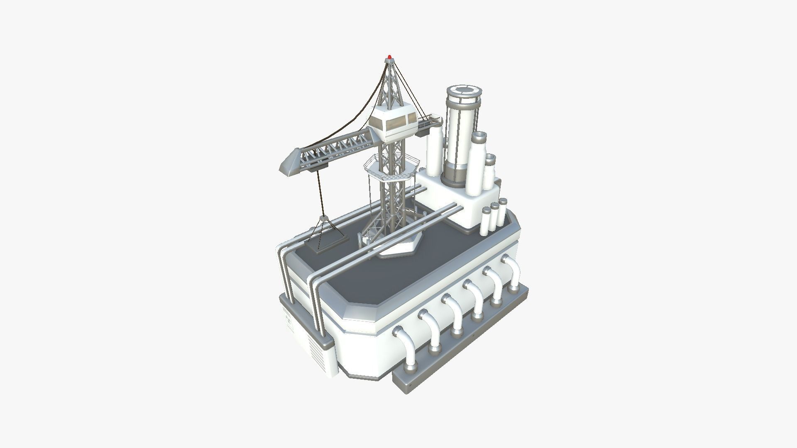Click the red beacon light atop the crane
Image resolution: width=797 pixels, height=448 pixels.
389,56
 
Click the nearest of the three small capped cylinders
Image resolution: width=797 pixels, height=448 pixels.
487,222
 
